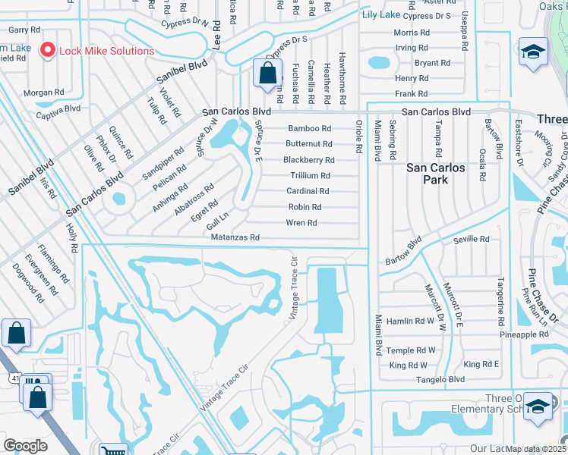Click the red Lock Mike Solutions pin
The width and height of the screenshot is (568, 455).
pos(47,51)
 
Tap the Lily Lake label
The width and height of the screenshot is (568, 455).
pos(380,15)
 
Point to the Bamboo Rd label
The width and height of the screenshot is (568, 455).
pos(309,129)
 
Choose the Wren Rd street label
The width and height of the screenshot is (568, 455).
pos(301,223)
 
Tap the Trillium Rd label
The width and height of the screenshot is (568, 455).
pos(309,176)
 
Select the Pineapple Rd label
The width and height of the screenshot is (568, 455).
pos(523,334)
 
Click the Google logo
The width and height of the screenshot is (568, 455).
pos(25,446)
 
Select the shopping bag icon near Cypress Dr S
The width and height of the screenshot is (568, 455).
pos(267,74)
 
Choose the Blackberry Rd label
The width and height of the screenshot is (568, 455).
pos(308,160)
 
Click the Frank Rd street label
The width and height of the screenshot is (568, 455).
pos(412,94)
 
